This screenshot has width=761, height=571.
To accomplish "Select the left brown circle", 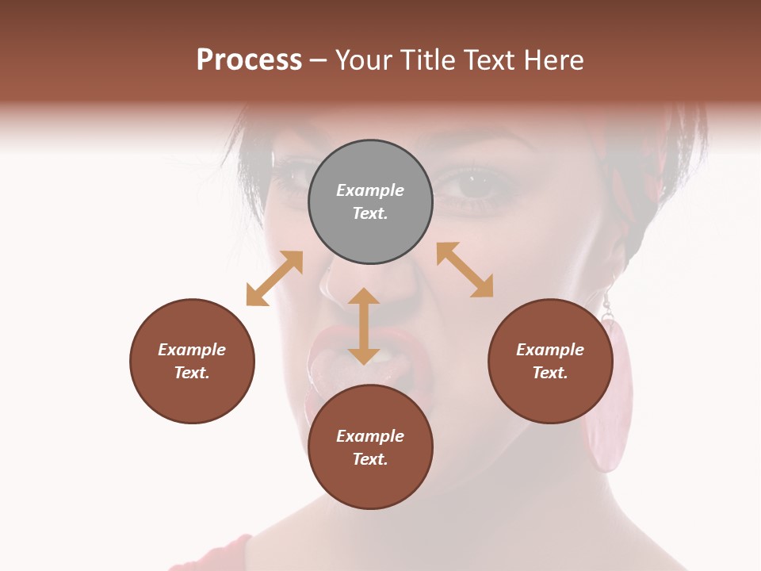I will (192, 361).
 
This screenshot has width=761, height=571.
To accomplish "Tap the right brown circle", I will (550, 361).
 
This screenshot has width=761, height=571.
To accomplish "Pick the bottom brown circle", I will (370, 446).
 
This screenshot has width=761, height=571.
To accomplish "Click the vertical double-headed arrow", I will (364, 326).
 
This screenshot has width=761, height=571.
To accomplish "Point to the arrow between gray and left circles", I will (274, 278).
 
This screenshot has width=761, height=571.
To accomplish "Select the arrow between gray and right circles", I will (465, 270).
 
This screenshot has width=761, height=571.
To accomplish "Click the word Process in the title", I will (249, 60).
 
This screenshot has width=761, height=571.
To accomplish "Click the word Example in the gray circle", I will (370, 190).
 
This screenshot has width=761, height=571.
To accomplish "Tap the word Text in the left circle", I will (192, 373).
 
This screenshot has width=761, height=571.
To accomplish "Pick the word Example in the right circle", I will (550, 350).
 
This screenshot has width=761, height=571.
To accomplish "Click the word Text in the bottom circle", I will (370, 459).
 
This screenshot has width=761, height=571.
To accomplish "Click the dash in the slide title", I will (319, 60).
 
